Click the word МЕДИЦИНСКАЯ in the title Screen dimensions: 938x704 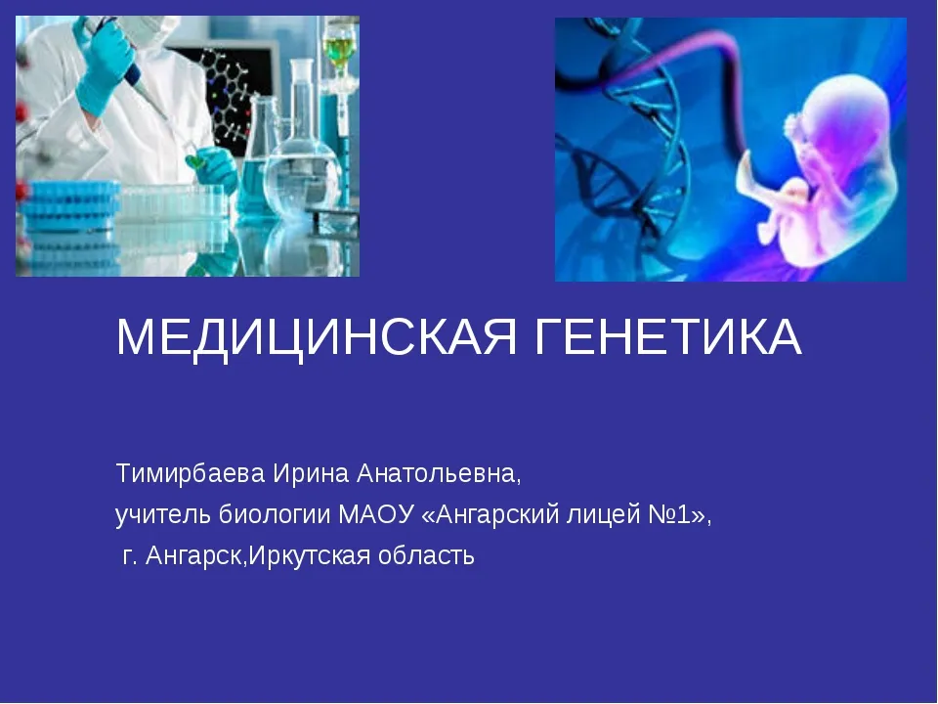click(x=317, y=337)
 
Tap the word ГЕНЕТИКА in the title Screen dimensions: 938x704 click(x=667, y=336)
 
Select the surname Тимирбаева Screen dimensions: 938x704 click(x=191, y=473)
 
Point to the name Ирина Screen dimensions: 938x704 click(x=311, y=473)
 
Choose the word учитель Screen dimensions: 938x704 click(x=163, y=515)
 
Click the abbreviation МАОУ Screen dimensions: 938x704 click(x=376, y=514)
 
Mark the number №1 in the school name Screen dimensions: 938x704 click(x=669, y=514)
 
